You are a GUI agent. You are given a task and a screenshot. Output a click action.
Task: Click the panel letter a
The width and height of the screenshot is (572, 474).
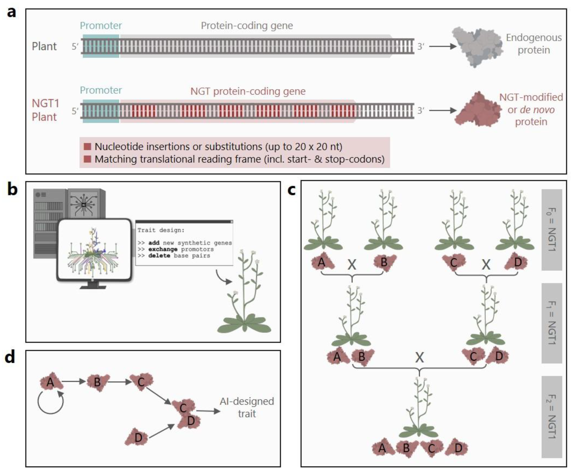point(11,13)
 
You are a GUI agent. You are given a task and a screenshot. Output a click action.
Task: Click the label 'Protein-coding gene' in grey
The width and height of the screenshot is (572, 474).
point(247,26)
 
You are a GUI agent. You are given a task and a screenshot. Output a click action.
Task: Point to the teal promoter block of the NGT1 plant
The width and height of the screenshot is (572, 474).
point(101,111)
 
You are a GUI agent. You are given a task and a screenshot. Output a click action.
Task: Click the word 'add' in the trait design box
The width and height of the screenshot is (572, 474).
point(154,243)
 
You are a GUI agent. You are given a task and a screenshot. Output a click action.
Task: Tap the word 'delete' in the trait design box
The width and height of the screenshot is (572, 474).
point(159,256)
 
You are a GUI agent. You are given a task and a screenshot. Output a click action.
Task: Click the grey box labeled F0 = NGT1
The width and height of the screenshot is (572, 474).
point(552,230)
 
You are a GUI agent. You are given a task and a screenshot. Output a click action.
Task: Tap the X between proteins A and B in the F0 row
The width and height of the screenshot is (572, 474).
point(352,264)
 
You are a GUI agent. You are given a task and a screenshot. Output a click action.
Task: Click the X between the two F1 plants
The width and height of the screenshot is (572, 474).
point(419,357)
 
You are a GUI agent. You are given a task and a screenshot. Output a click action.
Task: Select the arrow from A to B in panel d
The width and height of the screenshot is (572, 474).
point(74,381)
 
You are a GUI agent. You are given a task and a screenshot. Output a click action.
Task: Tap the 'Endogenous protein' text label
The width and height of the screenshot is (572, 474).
point(533,44)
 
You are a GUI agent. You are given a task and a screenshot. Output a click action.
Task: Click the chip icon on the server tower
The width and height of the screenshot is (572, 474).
point(84,204)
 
